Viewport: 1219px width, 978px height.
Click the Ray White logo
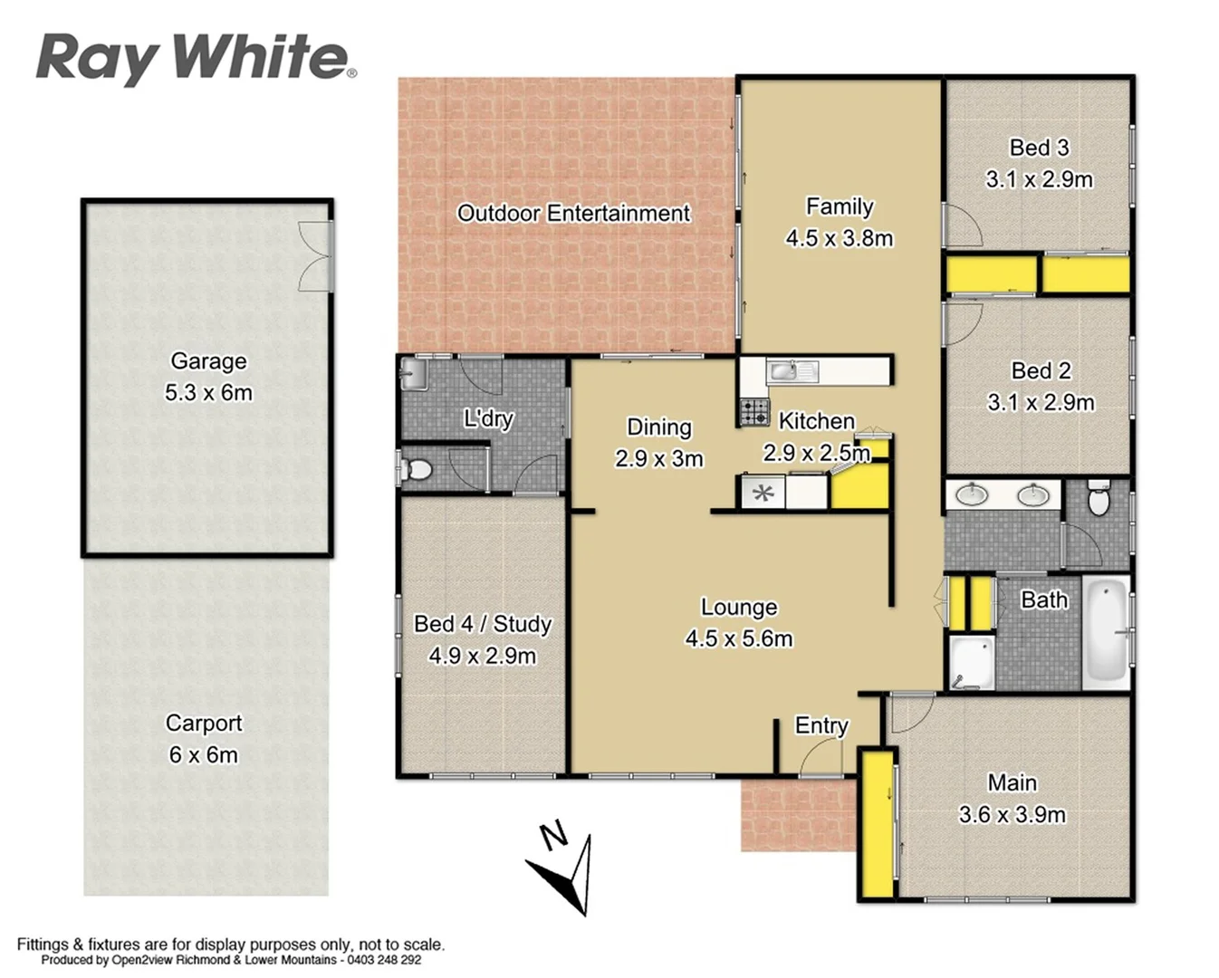click(196, 58)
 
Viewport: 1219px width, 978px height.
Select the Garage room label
click(208, 361)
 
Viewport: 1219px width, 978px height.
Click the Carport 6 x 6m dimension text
click(203, 755)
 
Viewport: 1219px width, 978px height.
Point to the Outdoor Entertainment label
click(573, 214)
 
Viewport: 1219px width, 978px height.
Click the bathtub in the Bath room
click(1106, 630)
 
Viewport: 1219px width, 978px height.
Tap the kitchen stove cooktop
click(754, 412)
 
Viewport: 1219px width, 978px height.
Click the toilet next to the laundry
click(418, 470)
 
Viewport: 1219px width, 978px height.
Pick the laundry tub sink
click(413, 373)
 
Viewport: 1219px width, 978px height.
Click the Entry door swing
click(821, 757)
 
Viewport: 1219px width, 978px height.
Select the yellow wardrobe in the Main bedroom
click(876, 823)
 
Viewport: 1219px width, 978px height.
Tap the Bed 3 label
click(1039, 148)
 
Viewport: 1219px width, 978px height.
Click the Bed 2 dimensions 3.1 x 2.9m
click(1041, 402)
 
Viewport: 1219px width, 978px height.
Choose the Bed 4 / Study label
click(483, 624)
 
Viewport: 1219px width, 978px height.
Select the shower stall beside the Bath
click(971, 664)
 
